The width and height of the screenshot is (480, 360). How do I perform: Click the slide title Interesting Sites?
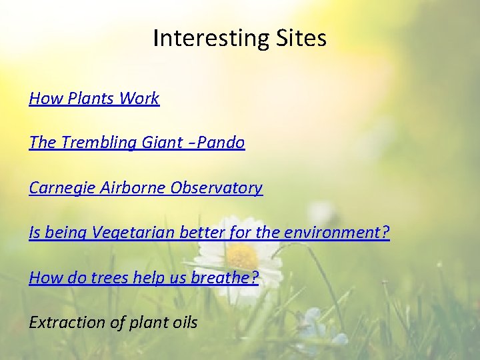pyautogui.click(x=239, y=38)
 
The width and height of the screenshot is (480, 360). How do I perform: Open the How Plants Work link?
pyautogui.click(x=94, y=99)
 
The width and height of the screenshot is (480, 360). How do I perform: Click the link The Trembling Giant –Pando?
pyautogui.click(x=137, y=143)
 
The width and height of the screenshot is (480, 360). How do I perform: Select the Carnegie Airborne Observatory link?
pyautogui.click(x=145, y=188)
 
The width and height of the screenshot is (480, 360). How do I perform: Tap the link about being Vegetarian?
pyautogui.click(x=209, y=233)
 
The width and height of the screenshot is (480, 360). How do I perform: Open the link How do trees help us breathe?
pyautogui.click(x=143, y=277)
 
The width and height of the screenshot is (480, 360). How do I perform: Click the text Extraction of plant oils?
pyautogui.click(x=113, y=323)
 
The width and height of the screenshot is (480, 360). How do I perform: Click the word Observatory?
pyautogui.click(x=217, y=188)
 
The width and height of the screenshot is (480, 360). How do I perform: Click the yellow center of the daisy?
pyautogui.click(x=242, y=255)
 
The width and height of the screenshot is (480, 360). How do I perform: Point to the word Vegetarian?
pyautogui.click(x=132, y=233)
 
